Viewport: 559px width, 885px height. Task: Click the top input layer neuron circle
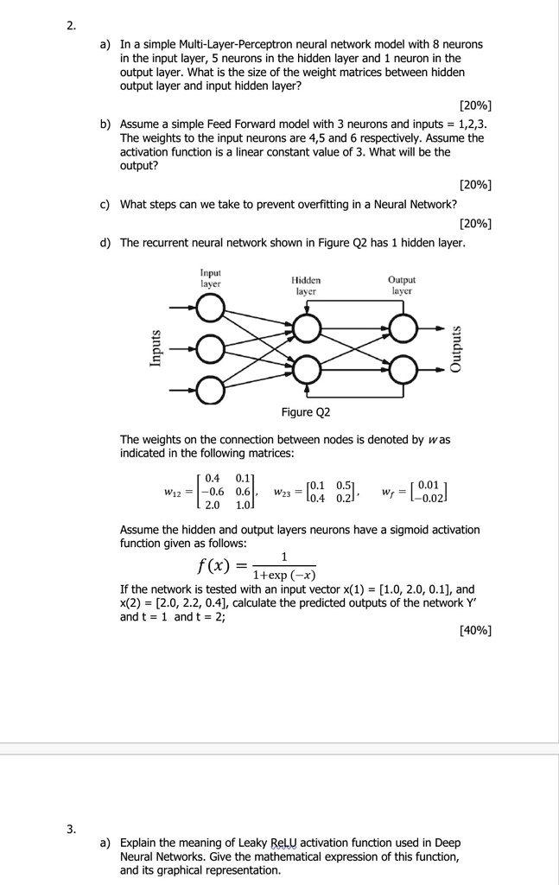click(x=209, y=308)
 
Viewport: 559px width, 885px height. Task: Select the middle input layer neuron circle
click(x=209, y=349)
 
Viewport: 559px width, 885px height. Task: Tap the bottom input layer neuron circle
click(x=209, y=391)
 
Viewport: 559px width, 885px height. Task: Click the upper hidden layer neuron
click(x=306, y=328)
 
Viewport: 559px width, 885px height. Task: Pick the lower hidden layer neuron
click(x=306, y=370)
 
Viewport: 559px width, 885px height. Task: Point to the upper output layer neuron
click(x=403, y=328)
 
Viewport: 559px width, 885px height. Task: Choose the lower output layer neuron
click(x=403, y=370)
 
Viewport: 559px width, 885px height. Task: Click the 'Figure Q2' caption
click(x=305, y=412)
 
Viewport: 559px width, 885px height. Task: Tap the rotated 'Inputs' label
click(x=156, y=347)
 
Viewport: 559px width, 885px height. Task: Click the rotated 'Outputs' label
click(x=455, y=348)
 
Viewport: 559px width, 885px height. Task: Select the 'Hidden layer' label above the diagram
click(x=306, y=286)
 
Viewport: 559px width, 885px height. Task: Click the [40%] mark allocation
click(x=475, y=629)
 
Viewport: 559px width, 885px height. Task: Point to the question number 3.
click(x=72, y=830)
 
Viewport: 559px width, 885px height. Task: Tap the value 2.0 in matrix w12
click(x=211, y=505)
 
